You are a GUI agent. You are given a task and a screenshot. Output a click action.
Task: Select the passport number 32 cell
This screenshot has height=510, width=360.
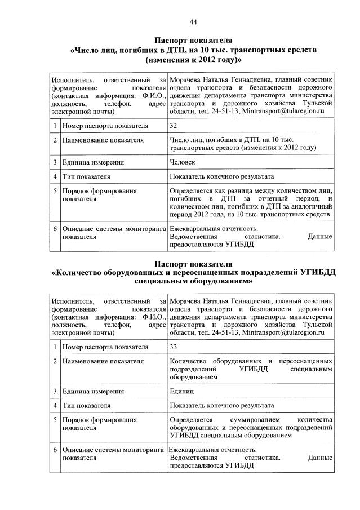coord(174,125)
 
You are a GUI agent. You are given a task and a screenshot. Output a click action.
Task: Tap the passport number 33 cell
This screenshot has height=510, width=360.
coord(174,347)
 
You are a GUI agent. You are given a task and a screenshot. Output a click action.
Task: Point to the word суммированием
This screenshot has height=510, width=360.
coord(252,420)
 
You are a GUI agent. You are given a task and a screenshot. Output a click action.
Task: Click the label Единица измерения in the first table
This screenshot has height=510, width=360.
coord(94,163)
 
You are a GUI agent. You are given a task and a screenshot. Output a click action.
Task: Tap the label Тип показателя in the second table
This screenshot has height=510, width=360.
coord(86,405)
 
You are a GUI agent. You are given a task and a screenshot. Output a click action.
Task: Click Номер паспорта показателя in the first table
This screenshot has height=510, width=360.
coord(105,125)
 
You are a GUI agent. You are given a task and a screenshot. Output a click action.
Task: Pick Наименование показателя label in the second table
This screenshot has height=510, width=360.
coord(103,361)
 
